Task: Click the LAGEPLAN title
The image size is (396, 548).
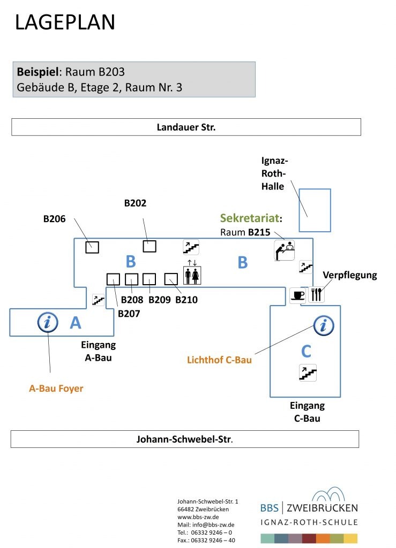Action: click(65, 22)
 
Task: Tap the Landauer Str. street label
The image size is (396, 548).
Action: click(186, 127)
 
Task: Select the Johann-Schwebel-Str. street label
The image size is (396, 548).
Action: click(184, 439)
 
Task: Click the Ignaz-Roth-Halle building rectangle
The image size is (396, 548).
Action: click(315, 210)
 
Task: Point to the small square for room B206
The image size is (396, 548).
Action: click(92, 247)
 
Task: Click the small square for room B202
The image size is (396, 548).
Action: click(149, 246)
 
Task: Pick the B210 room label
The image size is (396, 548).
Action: click(186, 300)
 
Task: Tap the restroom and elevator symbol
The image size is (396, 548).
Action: click(192, 272)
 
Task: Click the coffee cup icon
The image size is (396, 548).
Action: click(298, 295)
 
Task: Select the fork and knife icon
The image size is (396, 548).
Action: click(316, 295)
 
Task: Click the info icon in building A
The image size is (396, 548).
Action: click(48, 323)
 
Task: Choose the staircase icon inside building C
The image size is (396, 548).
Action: click(308, 372)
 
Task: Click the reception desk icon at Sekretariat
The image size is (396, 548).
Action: click(285, 250)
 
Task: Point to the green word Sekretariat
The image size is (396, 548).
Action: click(249, 218)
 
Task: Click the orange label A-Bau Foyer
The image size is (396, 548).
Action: click(56, 389)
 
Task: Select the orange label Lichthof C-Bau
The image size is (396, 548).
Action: click(219, 360)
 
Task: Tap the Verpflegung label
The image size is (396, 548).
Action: click(350, 275)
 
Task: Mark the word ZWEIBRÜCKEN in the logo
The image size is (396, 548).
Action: click(323, 508)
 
